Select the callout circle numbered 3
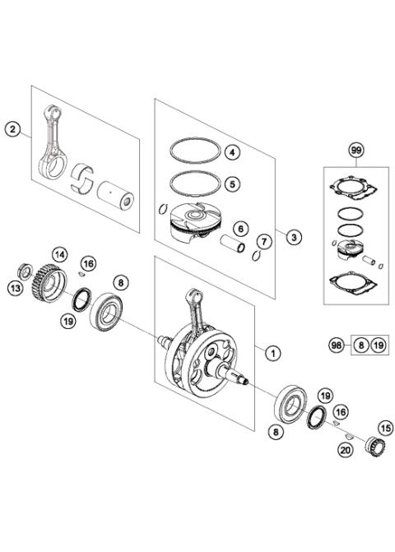[295, 235]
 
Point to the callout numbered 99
[333, 151]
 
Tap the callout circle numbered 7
[263, 241]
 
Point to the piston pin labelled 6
[235, 244]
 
